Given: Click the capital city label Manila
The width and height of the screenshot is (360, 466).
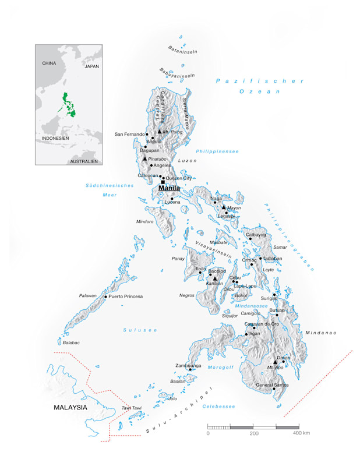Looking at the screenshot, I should (x=169, y=188).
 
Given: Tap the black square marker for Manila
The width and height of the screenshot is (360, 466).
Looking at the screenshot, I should (x=163, y=182).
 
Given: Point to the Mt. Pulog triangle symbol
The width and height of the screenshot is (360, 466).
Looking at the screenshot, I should (x=159, y=132).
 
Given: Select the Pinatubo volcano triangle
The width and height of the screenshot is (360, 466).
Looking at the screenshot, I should (x=144, y=158).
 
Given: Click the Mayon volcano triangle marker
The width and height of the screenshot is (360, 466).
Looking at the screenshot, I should (x=223, y=207).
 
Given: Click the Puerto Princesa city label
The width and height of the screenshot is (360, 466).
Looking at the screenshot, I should (x=125, y=296).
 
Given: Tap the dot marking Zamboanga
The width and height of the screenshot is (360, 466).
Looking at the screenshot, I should (x=190, y=369).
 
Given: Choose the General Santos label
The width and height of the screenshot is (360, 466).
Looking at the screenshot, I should (x=272, y=385).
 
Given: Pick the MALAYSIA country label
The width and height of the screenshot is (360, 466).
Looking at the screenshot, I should (x=70, y=408).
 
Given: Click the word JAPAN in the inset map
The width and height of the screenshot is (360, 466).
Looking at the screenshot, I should (x=92, y=67).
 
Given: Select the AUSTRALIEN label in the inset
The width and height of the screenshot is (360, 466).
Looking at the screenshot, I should (x=84, y=161).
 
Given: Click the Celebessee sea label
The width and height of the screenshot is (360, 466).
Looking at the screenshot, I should (x=218, y=407).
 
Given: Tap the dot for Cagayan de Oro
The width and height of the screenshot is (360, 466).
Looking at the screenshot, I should (x=254, y=327).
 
